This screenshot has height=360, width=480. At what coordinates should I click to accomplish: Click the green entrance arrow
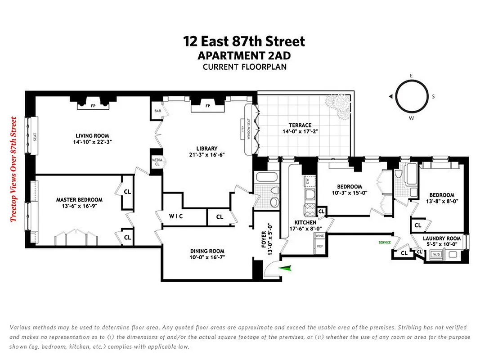(x=286, y=268)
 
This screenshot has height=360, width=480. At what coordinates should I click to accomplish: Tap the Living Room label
(x=92, y=135)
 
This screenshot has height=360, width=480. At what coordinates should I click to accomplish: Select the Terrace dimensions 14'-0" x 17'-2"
(x=301, y=132)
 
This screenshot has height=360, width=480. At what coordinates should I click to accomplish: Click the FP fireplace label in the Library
(x=207, y=106)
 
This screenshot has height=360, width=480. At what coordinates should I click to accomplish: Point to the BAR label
(x=158, y=110)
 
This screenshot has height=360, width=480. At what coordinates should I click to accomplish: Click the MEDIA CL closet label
(x=157, y=161)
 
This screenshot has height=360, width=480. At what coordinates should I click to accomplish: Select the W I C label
(x=176, y=216)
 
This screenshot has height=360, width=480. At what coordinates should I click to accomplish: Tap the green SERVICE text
(x=385, y=243)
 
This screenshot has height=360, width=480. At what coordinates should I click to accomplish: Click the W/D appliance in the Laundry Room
(x=436, y=255)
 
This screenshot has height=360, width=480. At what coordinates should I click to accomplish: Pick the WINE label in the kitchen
(x=320, y=236)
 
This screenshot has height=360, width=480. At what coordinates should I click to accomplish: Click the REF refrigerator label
(x=320, y=246)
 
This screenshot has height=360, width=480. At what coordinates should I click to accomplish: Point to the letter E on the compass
(x=411, y=76)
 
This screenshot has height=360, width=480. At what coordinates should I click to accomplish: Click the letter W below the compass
(x=411, y=119)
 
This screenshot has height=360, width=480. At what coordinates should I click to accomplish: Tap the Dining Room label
(x=207, y=251)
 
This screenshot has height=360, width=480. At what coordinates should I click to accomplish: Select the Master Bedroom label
(x=79, y=200)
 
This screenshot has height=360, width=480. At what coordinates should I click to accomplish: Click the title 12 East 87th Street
(x=244, y=41)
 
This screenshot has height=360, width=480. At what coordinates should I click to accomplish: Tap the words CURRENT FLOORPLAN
(x=244, y=67)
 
